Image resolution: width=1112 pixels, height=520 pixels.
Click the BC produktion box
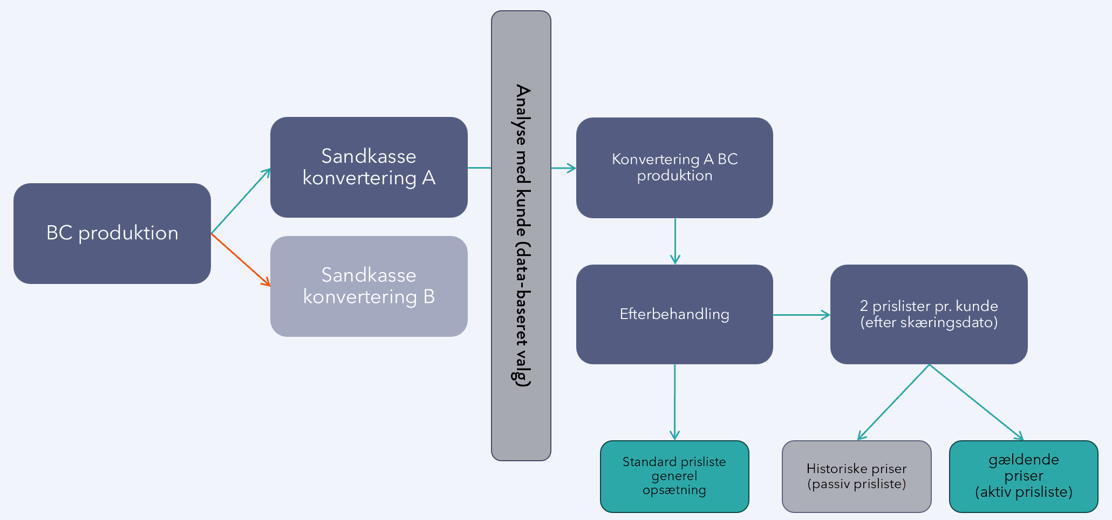pyautogui.click(x=112, y=233)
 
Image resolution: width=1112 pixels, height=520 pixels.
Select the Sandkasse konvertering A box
pyautogui.click(x=369, y=167)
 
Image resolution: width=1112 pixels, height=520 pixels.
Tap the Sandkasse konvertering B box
pyautogui.click(x=369, y=286)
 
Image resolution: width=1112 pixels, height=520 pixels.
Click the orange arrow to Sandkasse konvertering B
pyautogui.click(x=240, y=259)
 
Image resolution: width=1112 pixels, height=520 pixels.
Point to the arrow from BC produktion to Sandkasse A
pyautogui.click(x=240, y=201)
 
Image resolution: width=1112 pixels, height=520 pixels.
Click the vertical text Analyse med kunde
pyautogui.click(x=522, y=235)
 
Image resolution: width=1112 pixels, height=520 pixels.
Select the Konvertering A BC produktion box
pyautogui.click(x=674, y=168)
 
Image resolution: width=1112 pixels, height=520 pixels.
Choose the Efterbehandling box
pyautogui.click(x=674, y=314)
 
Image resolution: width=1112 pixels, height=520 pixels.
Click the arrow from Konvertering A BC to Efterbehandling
pyautogui.click(x=675, y=241)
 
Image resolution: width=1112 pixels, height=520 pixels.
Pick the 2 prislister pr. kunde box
pyautogui.click(x=929, y=314)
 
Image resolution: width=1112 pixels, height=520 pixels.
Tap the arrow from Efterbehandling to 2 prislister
pyautogui.click(x=801, y=315)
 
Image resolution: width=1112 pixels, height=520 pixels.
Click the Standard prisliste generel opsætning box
pyautogui.click(x=674, y=476)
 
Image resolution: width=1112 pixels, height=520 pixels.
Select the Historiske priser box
pyautogui.click(x=856, y=476)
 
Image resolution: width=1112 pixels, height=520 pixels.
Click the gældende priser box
pyautogui.click(x=1024, y=476)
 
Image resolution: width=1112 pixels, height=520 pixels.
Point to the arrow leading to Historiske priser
pyautogui.click(x=893, y=403)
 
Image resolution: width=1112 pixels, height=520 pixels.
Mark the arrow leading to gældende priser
pyautogui.click(x=977, y=403)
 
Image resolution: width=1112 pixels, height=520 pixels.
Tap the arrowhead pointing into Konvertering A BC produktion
pyautogui.click(x=572, y=168)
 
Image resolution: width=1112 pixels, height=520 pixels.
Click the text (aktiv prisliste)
pyautogui.click(x=1024, y=492)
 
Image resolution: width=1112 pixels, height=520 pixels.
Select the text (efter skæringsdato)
pyautogui.click(x=929, y=323)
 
